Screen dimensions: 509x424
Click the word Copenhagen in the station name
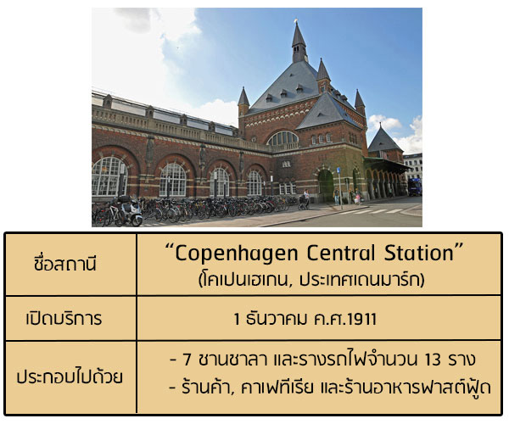coord(237,254)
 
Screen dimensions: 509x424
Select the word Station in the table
coord(419,253)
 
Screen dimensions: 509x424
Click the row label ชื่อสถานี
coord(65,263)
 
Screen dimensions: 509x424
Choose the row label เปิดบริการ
coord(64,318)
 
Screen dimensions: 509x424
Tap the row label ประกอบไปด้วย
coord(70,377)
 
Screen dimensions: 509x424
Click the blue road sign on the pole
coord(338,170)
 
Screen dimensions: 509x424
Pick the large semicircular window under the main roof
coord(282,138)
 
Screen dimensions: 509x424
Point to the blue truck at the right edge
coord(415,187)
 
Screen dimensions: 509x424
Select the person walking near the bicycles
coord(306,198)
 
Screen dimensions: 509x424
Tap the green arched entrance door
coord(326,186)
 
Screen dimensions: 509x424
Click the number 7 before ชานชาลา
coord(187,360)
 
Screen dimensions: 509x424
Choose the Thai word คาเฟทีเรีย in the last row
coord(277,387)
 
